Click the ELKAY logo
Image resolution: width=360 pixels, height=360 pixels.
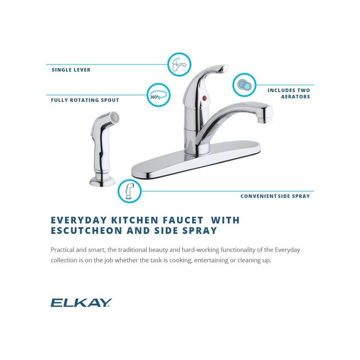[x=81, y=302]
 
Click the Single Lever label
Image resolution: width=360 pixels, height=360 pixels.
[x=71, y=70]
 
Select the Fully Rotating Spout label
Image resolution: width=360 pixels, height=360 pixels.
[x=85, y=100]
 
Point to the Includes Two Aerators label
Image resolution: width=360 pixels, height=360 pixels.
[x=288, y=93]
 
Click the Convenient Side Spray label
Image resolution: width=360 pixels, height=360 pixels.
[x=275, y=196]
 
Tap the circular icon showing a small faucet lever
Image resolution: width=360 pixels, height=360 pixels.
[x=179, y=64]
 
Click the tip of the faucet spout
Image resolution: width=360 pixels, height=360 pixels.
[x=265, y=114]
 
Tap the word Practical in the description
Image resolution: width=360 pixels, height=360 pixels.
[x=64, y=250]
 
